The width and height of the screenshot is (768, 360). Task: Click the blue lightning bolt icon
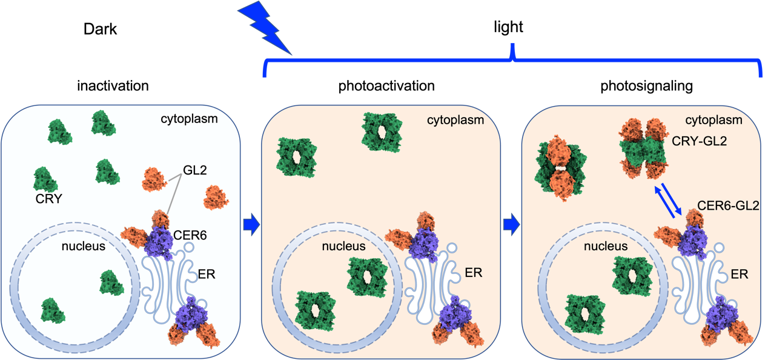click(265, 28)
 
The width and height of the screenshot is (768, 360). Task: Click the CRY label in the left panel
click(48, 198)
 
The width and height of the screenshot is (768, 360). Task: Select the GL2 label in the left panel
click(194, 172)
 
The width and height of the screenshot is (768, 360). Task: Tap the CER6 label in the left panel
click(190, 235)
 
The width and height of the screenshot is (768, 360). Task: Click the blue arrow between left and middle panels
click(251, 225)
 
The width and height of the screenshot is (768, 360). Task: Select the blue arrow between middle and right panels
click(512, 225)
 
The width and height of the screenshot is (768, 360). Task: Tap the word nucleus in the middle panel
click(344, 246)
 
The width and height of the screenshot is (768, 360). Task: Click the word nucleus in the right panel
click(605, 246)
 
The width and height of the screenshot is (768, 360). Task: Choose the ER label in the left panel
click(206, 274)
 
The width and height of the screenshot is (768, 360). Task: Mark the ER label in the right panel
click(740, 274)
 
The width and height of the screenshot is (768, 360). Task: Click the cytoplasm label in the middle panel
click(455, 119)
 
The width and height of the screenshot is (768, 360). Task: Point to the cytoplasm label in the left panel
click(190, 119)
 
